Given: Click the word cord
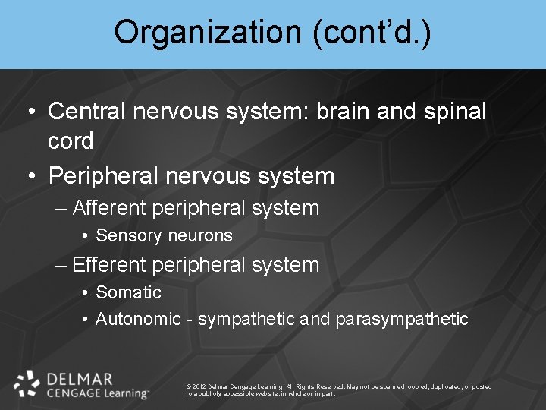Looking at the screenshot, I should pos(71,140).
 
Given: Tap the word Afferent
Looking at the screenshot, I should pos(110,208).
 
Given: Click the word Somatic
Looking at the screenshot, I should pos(128,292).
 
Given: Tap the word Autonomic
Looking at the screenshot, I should pos(138,319).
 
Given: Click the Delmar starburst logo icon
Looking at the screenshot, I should pos(27,383).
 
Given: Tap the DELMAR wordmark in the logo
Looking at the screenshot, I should pos(79,377).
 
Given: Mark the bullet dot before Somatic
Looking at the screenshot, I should pos(86,293).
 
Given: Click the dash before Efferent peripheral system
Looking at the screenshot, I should pos(61,265).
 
